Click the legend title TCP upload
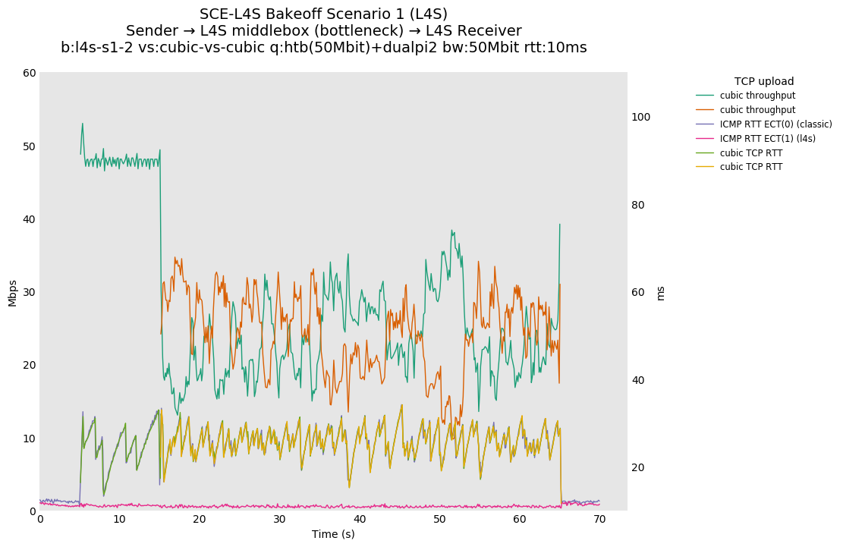point(763,81)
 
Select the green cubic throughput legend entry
point(756,96)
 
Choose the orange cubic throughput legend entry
point(756,110)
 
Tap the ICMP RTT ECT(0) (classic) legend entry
point(775,124)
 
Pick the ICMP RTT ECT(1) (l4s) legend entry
point(767,139)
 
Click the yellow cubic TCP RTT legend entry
point(750,167)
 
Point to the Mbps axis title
point(12,292)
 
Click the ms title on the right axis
point(660,293)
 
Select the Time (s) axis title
point(333,534)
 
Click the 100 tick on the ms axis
point(641,117)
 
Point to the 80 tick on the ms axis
point(638,205)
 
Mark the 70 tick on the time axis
point(599,520)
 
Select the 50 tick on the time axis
point(439,520)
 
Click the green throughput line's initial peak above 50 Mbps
point(83,124)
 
